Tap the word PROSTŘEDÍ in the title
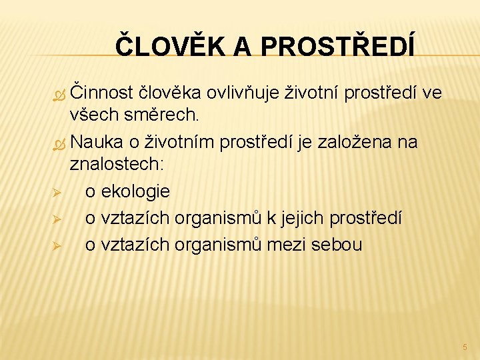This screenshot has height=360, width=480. (x=337, y=46)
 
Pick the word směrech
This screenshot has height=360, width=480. (x=161, y=115)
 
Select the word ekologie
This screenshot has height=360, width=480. (x=136, y=192)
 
